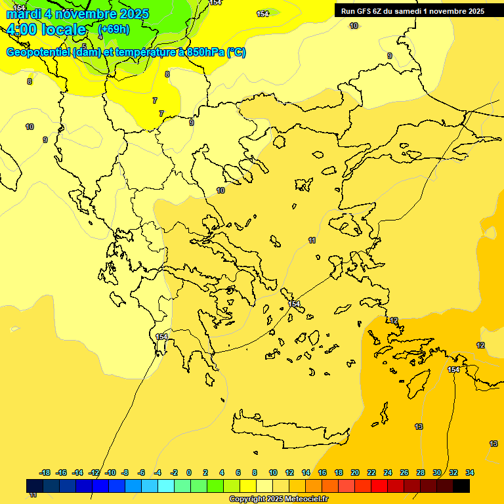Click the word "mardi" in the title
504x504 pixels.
(24, 14)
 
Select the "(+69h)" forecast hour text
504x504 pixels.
(114, 30)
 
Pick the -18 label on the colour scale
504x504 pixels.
(45, 472)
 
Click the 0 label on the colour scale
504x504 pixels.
(189, 472)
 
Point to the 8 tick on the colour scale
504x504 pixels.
(255, 472)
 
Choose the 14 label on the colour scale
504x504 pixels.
(306, 472)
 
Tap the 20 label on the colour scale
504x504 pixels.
(355, 472)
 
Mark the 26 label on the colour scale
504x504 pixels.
(404, 472)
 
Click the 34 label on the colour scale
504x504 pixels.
(470, 472)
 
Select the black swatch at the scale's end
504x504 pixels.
(461, 486)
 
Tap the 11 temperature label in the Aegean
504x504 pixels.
(312, 241)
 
